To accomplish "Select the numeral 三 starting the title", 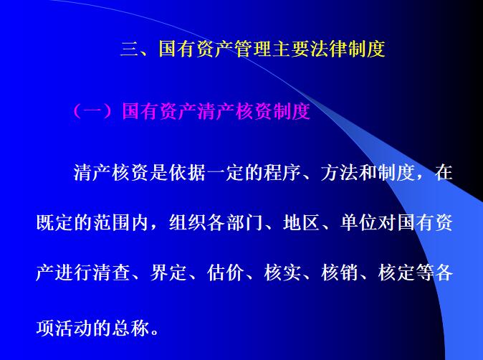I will pyautogui.click(x=128, y=49).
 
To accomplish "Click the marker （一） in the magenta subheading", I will pyautogui.click(x=94, y=112).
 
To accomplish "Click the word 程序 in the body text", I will pyautogui.click(x=281, y=173).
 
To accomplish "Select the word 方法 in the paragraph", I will pyautogui.click(x=340, y=173).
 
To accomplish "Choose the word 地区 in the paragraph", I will pyautogui.click(x=302, y=222).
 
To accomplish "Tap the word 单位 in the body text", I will pyautogui.click(x=358, y=222).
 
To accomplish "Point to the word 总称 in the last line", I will pyautogui.click(x=130, y=328).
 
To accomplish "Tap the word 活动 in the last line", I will pyautogui.click(x=73, y=328).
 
